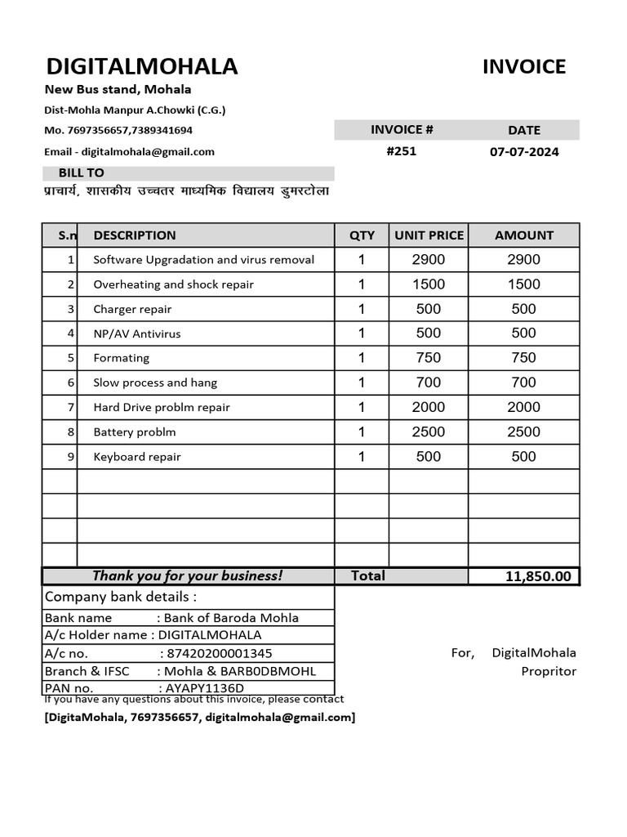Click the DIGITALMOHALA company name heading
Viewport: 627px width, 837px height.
click(141, 67)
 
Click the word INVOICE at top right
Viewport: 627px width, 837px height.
click(523, 67)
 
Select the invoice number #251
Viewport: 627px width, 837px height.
click(401, 151)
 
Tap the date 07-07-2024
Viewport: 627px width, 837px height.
click(524, 152)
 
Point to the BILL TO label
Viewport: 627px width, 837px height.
click(81, 173)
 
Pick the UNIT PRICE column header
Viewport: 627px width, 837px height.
click(429, 235)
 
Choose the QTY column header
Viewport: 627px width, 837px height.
click(362, 235)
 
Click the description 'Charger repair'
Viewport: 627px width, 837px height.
click(132, 309)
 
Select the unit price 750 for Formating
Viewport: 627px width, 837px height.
click(429, 358)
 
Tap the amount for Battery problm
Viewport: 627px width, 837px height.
click(523, 432)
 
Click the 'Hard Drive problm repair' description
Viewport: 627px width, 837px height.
click(162, 407)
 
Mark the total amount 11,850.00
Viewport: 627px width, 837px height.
click(538, 577)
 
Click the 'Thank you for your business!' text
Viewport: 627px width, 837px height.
click(187, 575)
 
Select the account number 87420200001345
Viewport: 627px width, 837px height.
click(219, 653)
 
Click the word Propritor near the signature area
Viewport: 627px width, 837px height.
click(549, 671)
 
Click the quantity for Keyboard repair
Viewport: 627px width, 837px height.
click(362, 456)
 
